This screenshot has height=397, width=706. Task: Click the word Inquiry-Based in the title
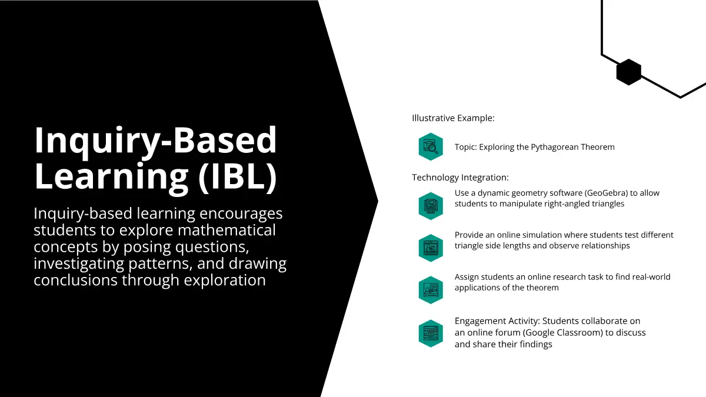[155, 140]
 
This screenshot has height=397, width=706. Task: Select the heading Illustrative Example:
[453, 118]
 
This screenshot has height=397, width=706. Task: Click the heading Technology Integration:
[460, 178]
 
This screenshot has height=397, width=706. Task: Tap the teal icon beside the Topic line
[431, 147]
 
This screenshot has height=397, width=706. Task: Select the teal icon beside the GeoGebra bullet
[431, 206]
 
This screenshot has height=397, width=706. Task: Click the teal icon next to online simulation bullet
[431, 248]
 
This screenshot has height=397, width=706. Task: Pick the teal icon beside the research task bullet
[431, 290]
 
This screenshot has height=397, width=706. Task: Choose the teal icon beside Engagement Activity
[431, 333]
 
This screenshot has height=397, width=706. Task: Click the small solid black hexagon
[629, 72]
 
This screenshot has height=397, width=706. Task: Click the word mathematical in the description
[227, 230]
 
